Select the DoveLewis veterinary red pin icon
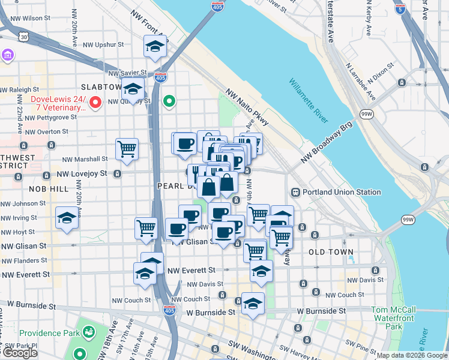[95, 104]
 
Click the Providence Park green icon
[89, 331]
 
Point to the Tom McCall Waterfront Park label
[394, 318]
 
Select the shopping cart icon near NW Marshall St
[127, 149]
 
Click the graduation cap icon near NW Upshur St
[155, 46]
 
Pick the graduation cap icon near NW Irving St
[67, 218]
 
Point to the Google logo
[20, 353]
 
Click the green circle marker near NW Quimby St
[169, 101]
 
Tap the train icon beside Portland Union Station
[295, 193]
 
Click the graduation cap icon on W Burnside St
[253, 304]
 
